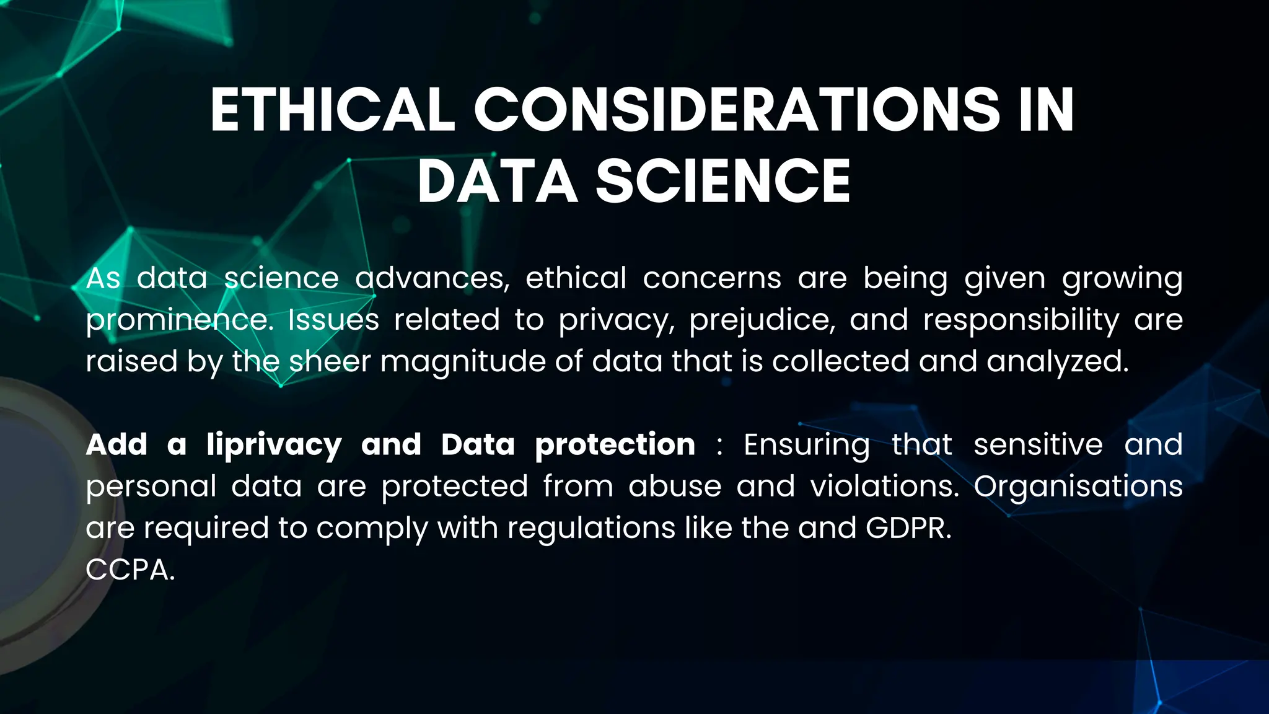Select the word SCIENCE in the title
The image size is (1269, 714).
723,181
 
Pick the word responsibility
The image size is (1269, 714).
1021,320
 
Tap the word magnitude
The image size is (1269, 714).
462,362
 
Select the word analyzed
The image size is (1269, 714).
1058,362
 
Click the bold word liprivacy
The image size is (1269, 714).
274,445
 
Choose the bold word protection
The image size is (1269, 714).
615,445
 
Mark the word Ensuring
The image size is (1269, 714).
807,445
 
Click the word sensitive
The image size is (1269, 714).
1038,445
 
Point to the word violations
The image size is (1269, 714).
884,487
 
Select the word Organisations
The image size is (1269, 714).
1078,487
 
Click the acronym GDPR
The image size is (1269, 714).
908,528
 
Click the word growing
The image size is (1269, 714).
1122,279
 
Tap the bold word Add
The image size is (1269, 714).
116,445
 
